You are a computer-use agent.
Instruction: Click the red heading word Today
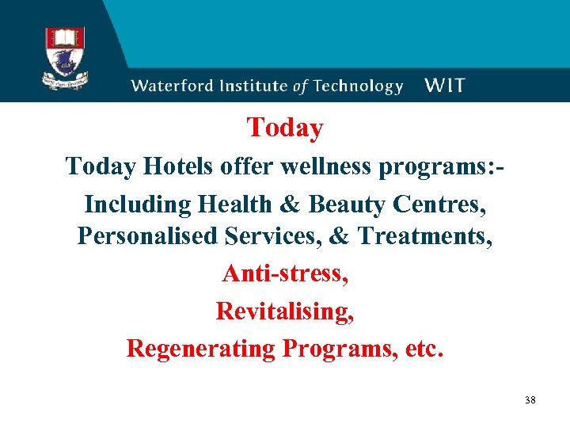coord(285,128)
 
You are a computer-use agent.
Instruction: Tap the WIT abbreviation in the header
coord(445,86)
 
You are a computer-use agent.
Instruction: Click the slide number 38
coord(530,400)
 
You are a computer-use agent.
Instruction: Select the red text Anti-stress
coord(285,273)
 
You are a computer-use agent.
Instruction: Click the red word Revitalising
coord(285,311)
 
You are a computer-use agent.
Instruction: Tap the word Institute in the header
coord(251,86)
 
